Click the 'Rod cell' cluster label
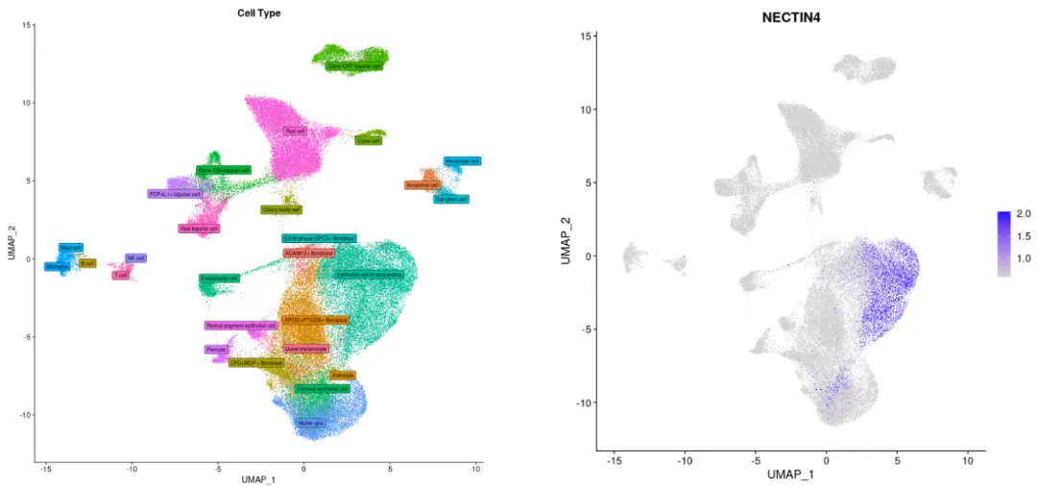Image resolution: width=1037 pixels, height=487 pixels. [x=295, y=131]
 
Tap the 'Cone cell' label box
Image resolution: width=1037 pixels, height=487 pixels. [x=368, y=141]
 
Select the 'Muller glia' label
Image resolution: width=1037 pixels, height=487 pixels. [x=310, y=423]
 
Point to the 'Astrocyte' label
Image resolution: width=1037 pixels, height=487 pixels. [x=344, y=374]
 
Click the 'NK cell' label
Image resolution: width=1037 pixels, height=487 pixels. [x=135, y=257]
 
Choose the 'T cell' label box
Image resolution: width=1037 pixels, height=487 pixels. [x=121, y=275]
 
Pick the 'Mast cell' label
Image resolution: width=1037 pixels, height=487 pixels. [x=71, y=248]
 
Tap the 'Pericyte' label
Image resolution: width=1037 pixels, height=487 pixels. [x=216, y=350]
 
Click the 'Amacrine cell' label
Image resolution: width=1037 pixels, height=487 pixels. [x=422, y=184]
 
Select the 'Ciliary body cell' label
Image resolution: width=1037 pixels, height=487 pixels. [x=281, y=209]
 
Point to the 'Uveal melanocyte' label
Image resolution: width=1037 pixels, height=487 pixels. [x=306, y=349]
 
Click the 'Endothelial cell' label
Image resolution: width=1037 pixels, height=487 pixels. [x=219, y=279]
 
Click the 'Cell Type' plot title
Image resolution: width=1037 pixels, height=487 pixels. [x=258, y=12]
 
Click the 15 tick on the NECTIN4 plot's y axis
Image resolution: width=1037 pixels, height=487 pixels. [x=582, y=37]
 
